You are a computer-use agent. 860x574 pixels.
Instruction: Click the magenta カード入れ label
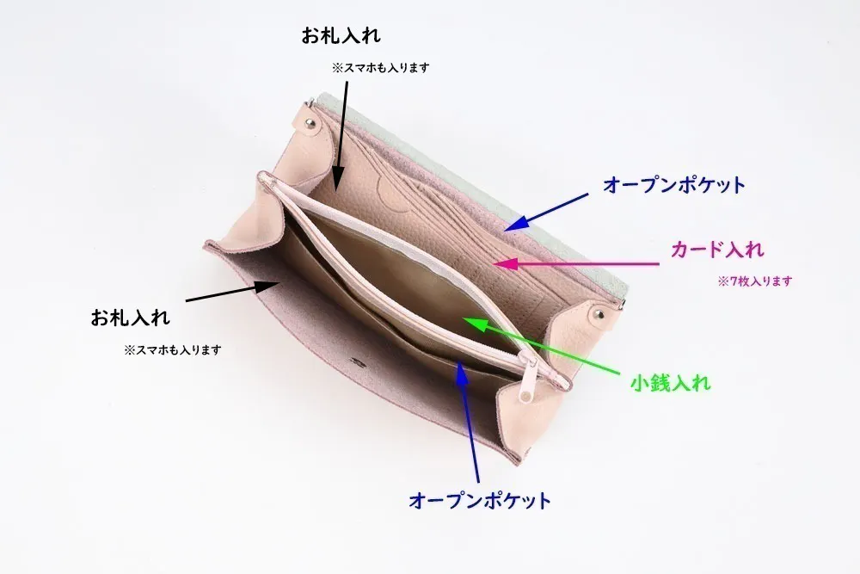[x=717, y=250]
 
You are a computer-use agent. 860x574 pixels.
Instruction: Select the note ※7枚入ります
[x=754, y=281]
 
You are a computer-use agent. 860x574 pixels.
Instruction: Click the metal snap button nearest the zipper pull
[x=597, y=319]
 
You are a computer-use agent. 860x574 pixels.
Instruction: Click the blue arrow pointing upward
[x=469, y=422]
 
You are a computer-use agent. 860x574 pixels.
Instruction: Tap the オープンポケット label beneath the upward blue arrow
[x=479, y=500]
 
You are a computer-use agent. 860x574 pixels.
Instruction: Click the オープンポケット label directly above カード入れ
[x=674, y=184]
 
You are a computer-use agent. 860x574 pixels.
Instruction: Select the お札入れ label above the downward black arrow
[x=341, y=36]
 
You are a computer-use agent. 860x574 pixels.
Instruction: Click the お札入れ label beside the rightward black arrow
[x=131, y=317]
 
